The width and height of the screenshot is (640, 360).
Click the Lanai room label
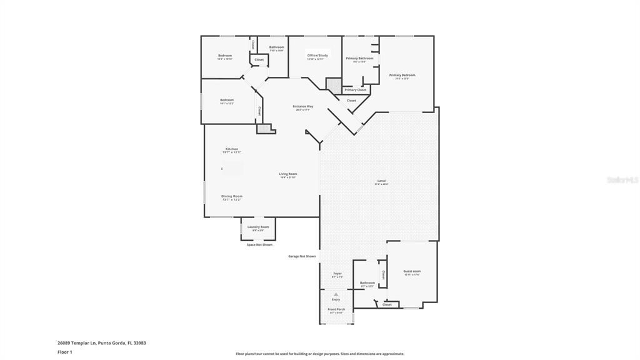[381, 181]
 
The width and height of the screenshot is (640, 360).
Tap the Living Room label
[288, 174]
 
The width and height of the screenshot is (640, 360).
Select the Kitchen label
[232, 149]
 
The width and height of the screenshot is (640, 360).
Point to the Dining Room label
[232, 196]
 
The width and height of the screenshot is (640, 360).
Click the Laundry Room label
[258, 227]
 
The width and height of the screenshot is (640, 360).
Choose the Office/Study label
[317, 55]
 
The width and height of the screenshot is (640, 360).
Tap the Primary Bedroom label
[402, 75]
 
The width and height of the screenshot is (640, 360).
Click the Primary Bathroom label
[359, 58]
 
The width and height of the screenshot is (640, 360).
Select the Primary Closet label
[356, 89]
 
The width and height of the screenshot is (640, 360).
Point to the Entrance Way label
[303, 106]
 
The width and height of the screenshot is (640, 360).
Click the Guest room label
[412, 271]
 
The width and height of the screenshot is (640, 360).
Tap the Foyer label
[337, 273]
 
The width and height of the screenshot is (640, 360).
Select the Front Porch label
[336, 309]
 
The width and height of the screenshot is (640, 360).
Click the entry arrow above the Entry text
[336, 294]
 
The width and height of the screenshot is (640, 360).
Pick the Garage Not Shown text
[302, 256]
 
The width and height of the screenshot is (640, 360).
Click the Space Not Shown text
[259, 244]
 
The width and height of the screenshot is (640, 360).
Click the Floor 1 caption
[65, 352]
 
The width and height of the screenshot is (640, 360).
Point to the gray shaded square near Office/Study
[334, 86]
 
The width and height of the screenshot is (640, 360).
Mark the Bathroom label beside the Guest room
[367, 282]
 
